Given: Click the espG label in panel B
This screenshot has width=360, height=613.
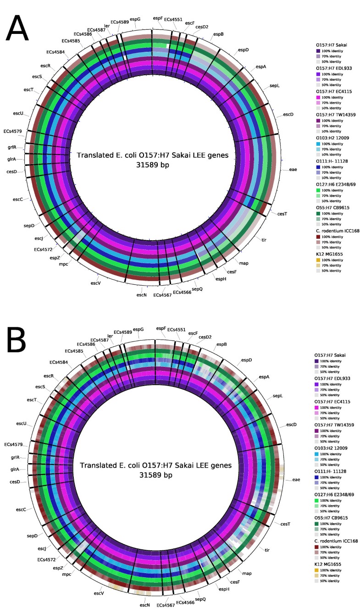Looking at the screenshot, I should tap(138, 329).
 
